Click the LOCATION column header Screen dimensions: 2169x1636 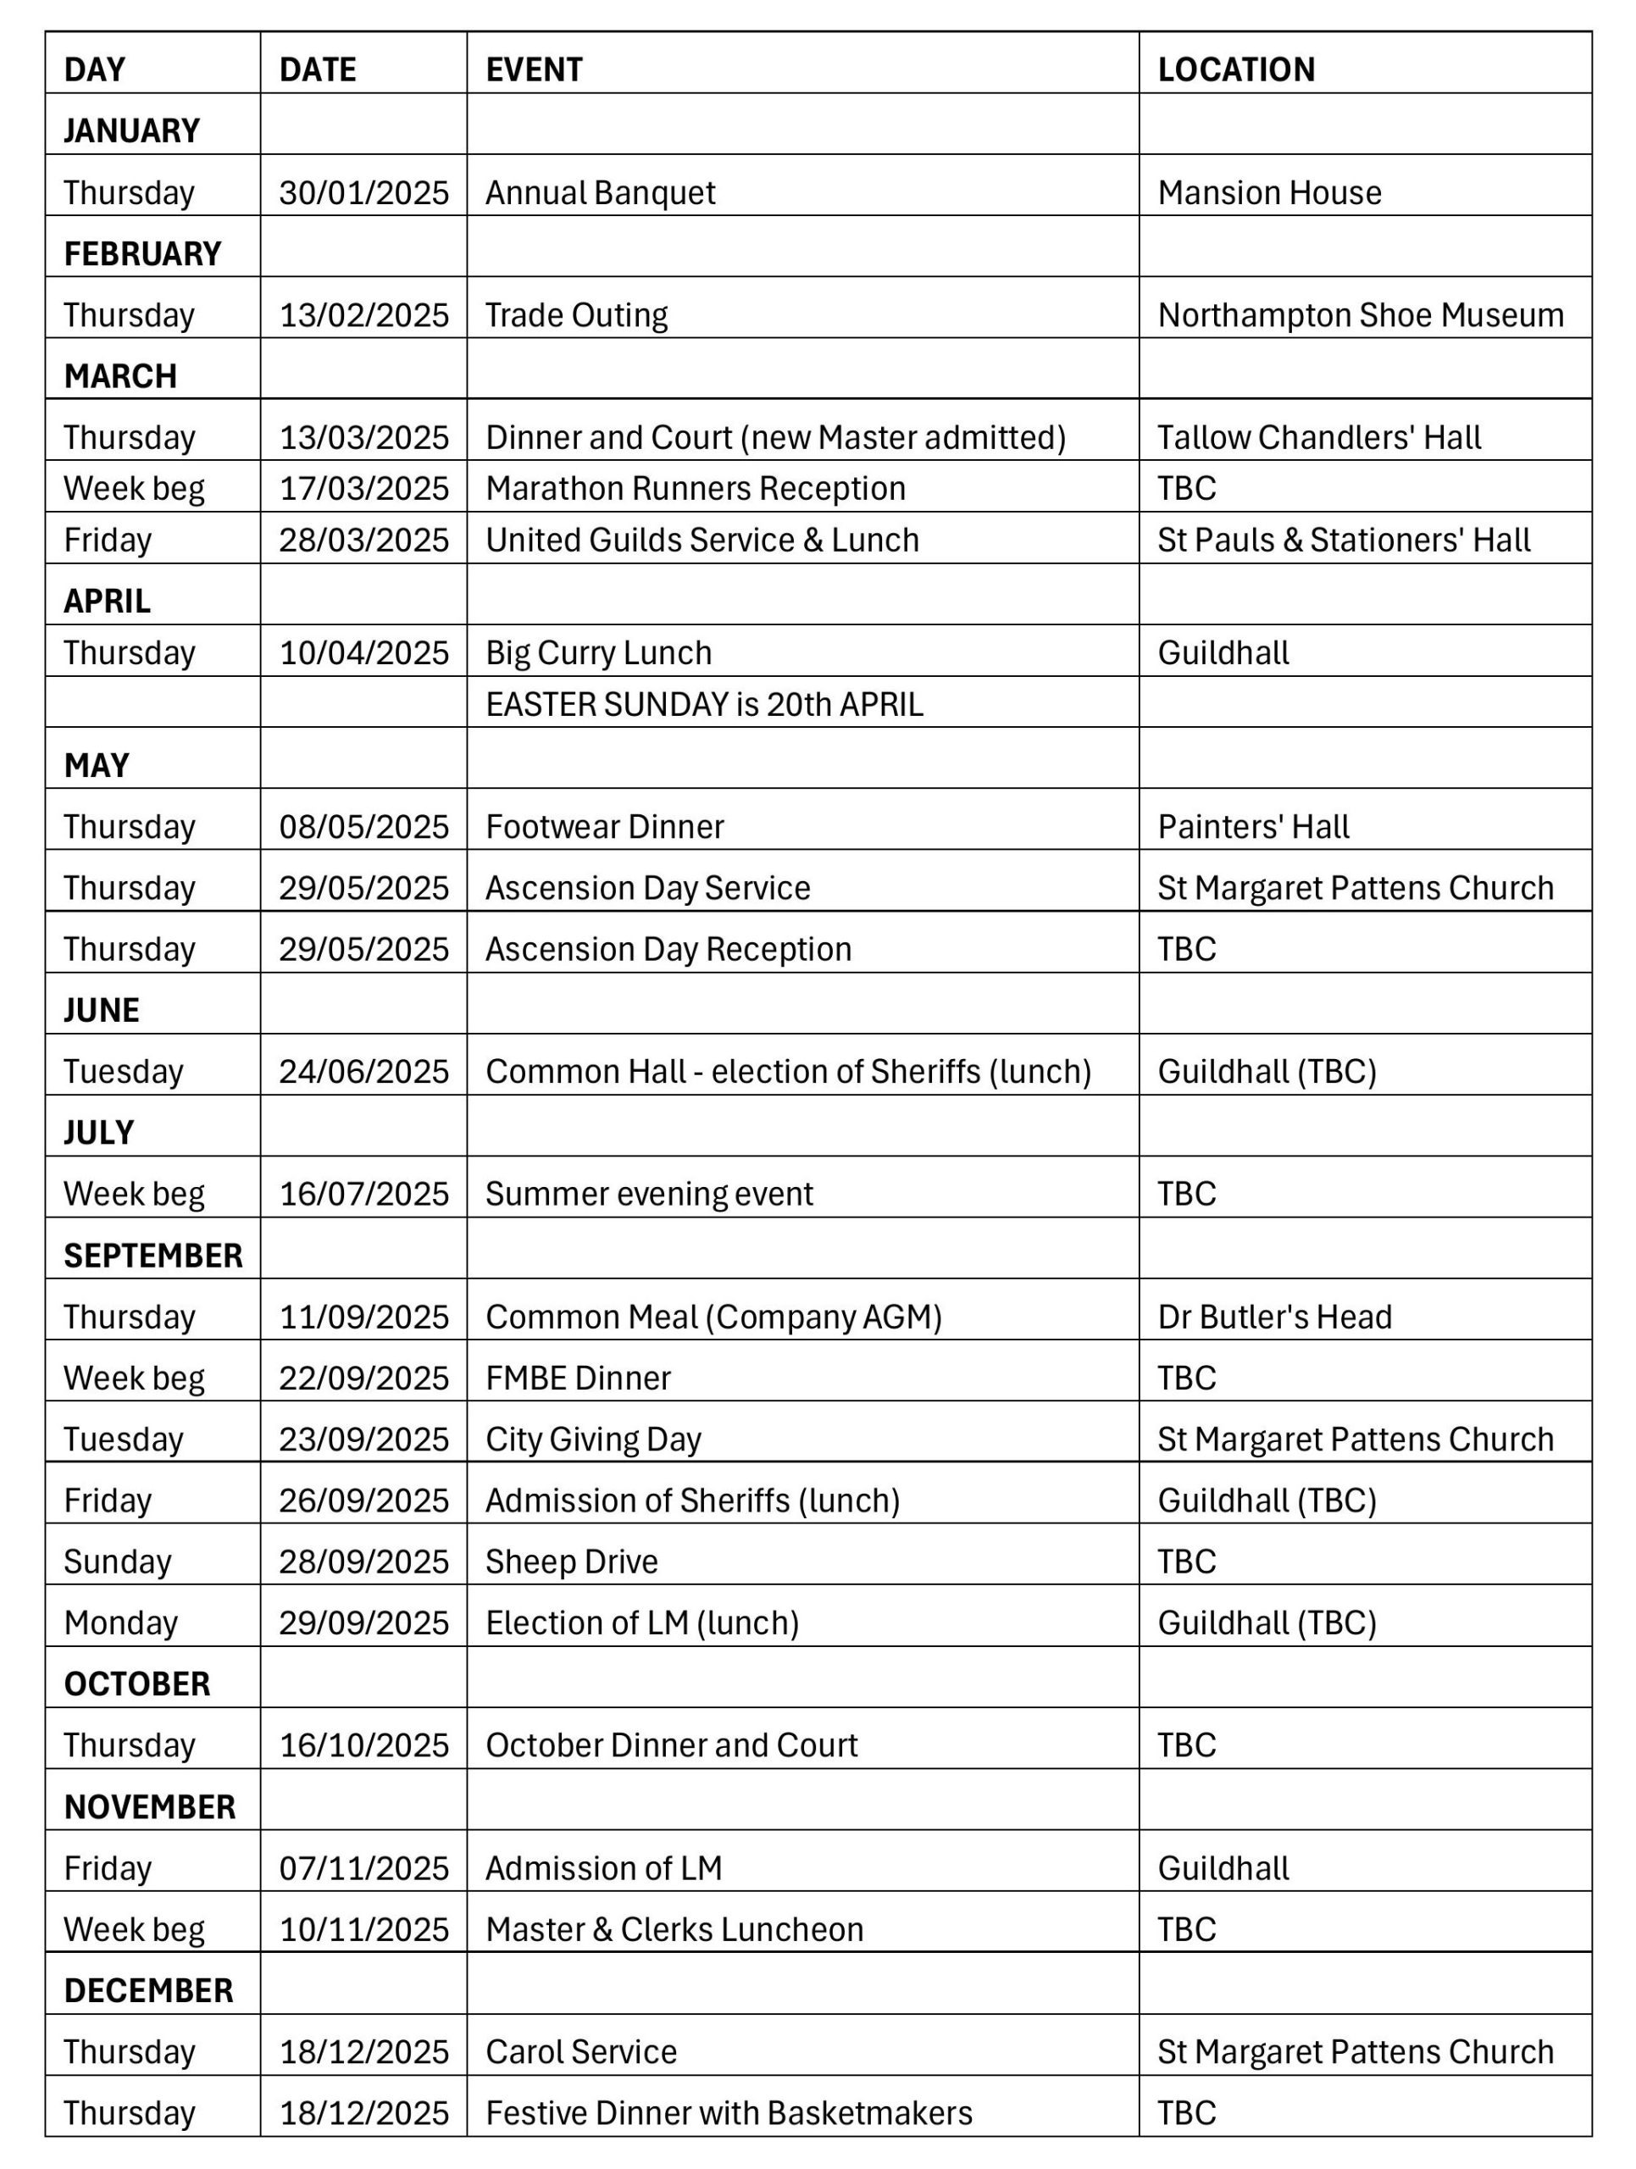coord(1235,69)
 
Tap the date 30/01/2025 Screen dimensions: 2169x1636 coord(363,192)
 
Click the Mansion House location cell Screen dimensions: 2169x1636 coord(1268,192)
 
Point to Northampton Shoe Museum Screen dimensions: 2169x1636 coord(1360,315)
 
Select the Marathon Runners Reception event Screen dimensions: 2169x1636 coord(695,488)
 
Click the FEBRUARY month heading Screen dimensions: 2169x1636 coord(142,254)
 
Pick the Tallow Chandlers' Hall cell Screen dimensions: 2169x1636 coord(1318,437)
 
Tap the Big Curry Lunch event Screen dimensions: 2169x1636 coord(598,653)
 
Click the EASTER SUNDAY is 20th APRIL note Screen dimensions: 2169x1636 coord(704,705)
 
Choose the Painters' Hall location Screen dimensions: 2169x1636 coord(1253,827)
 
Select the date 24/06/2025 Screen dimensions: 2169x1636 coord(363,1072)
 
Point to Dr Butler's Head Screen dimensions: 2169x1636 coord(1273,1317)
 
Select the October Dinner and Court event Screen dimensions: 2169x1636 coord(672,1745)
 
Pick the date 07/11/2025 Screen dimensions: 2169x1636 coord(363,1869)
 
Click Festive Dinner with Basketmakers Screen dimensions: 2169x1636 coord(729,2113)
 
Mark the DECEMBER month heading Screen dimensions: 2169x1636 coord(148,1990)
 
